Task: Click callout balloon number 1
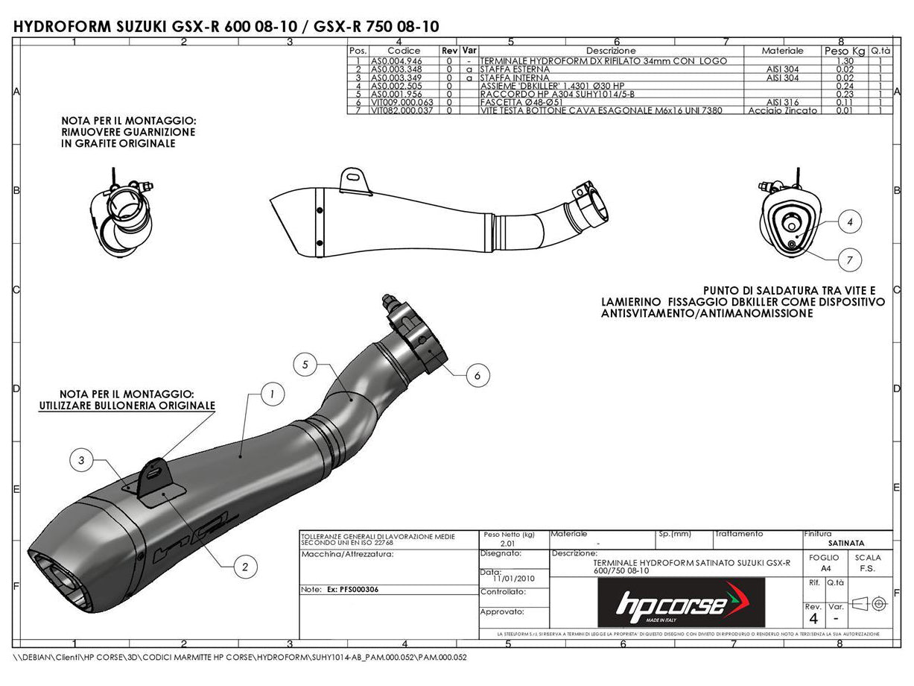click(x=273, y=394)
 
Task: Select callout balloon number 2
click(x=245, y=567)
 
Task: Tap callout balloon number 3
click(x=81, y=462)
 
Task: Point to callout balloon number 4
click(x=849, y=221)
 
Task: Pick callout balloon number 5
click(x=305, y=365)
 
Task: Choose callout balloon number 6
click(x=477, y=377)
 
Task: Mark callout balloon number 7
click(x=849, y=259)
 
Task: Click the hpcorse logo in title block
click(x=682, y=602)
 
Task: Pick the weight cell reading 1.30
click(x=845, y=61)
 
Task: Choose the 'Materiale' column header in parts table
click(x=782, y=51)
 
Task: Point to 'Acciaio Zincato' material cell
click(x=782, y=110)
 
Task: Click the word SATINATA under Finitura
click(x=846, y=544)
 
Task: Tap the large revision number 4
click(x=813, y=619)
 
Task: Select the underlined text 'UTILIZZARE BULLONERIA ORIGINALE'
click(x=127, y=406)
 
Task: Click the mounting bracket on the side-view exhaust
click(x=355, y=180)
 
